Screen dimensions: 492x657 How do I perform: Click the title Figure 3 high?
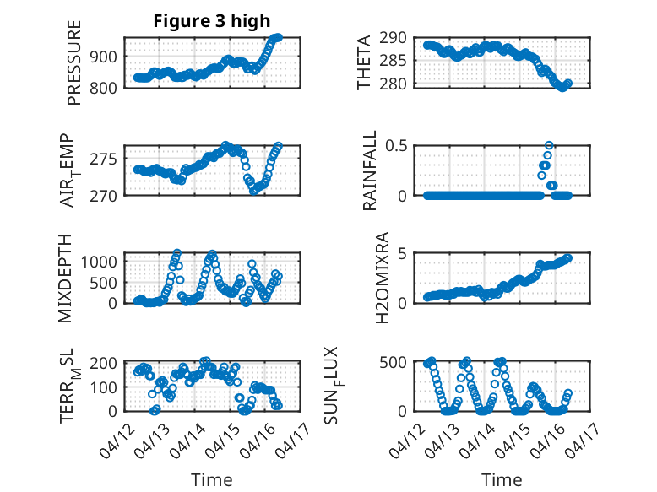pos(211,21)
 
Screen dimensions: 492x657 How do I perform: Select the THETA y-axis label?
pos(364,62)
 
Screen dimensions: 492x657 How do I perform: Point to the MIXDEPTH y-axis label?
pos(68,278)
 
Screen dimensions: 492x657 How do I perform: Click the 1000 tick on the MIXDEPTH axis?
pos(102,262)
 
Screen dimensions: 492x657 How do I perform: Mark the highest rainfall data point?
pos(549,146)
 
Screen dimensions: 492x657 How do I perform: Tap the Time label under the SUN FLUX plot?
pos(502,479)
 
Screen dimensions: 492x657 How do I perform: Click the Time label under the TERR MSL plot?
pos(211,479)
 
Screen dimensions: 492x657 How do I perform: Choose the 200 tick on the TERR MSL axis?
pos(106,362)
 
